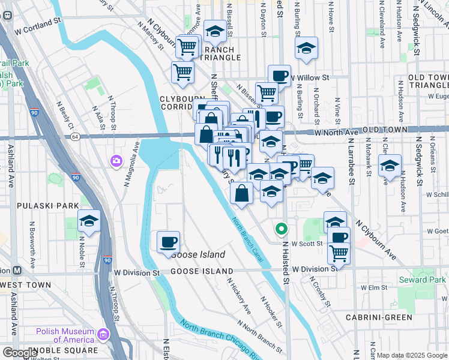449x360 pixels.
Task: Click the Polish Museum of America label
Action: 65,335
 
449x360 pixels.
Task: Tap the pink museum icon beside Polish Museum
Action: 104,334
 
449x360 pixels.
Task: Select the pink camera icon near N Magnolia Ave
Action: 115,161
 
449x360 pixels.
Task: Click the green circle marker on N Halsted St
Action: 280,229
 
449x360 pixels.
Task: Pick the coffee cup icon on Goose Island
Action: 168,242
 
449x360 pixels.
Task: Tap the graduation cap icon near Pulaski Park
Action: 89,221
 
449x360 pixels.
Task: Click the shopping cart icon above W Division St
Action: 339,254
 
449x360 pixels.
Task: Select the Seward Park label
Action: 422,280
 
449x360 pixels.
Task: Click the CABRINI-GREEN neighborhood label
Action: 378,317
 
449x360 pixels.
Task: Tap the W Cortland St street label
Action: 39,29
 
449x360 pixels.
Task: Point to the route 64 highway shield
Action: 74,137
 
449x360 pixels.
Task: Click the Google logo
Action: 20,353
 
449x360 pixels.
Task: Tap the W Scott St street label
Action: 307,244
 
